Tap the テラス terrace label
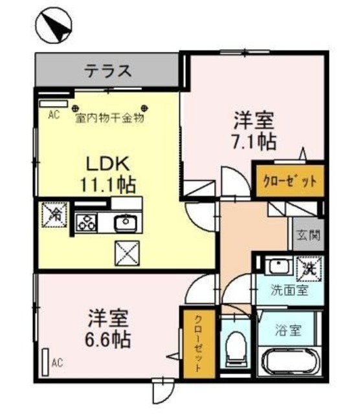(107, 71)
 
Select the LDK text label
(107, 162)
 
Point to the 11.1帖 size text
(107, 185)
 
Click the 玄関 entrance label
(308, 235)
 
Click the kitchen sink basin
(124, 223)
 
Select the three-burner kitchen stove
(85, 223)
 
